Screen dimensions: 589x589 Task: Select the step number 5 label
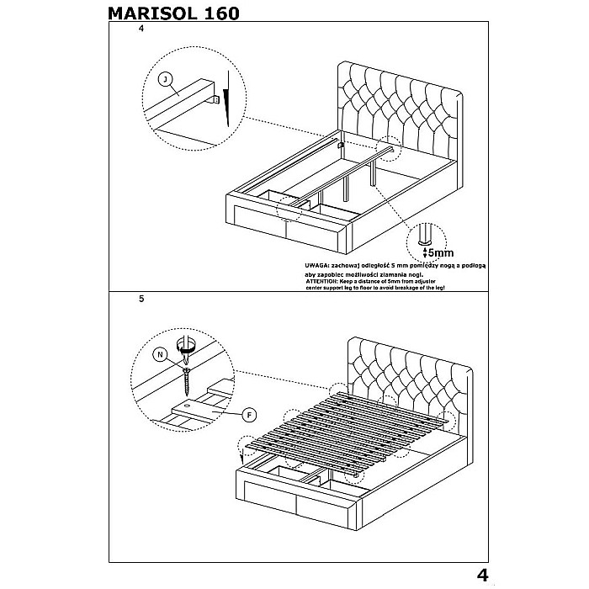pos(141,299)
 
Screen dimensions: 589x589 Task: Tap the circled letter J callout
pos(167,79)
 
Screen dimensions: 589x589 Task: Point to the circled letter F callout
pos(249,413)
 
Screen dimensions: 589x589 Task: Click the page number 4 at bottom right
pos(483,576)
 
